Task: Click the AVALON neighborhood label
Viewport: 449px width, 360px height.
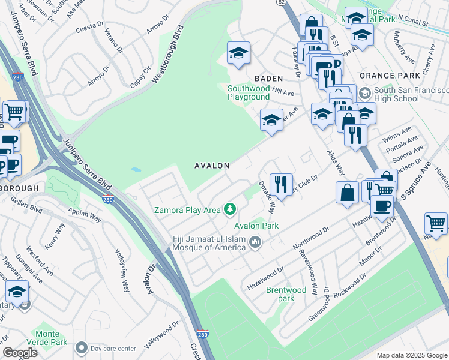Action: point(211,165)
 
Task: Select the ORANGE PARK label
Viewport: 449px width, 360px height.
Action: point(389,76)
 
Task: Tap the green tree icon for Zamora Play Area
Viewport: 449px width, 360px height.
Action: point(229,209)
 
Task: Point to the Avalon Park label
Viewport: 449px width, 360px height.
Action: point(256,226)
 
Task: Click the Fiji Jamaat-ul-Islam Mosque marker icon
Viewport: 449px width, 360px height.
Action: point(255,242)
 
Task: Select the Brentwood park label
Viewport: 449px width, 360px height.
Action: point(286,294)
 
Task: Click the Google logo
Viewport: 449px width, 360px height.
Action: point(20,353)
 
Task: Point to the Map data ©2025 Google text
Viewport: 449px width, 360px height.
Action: point(412,355)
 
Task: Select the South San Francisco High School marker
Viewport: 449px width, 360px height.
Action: point(364,94)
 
